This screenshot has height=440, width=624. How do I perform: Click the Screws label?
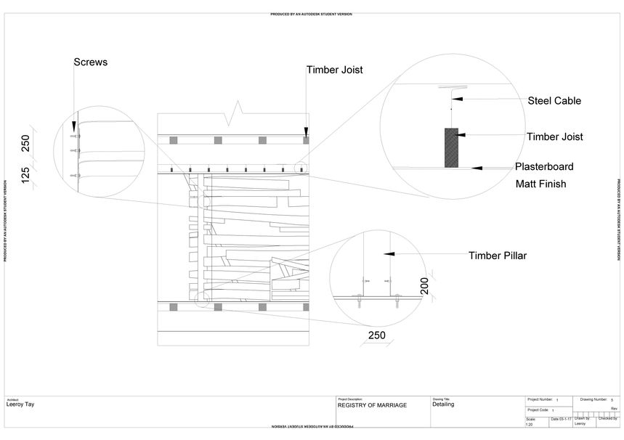(x=90, y=62)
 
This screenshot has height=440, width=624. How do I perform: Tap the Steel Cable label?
(x=554, y=100)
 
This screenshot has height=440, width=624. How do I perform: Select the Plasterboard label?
(x=544, y=166)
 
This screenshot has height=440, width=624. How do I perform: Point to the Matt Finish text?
(x=540, y=184)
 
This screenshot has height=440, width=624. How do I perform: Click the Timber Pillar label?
(x=498, y=255)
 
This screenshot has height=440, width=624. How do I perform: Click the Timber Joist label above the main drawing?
(x=334, y=70)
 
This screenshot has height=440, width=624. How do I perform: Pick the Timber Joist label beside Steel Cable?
(x=554, y=136)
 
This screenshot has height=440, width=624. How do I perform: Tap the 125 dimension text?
(x=26, y=175)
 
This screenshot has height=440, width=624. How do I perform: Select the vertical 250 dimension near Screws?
(x=26, y=144)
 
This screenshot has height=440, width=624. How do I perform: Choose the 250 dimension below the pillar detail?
(x=376, y=335)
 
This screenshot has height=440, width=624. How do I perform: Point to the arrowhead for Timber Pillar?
(x=389, y=254)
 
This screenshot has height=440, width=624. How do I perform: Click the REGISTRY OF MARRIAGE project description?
(x=373, y=405)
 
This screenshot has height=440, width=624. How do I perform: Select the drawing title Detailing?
(x=443, y=404)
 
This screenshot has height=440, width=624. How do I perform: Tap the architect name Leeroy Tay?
(x=20, y=404)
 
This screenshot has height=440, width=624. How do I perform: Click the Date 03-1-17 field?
(x=559, y=419)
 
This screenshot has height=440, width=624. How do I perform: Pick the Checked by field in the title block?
(x=607, y=419)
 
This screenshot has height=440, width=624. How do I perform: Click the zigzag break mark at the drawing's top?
(x=237, y=113)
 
